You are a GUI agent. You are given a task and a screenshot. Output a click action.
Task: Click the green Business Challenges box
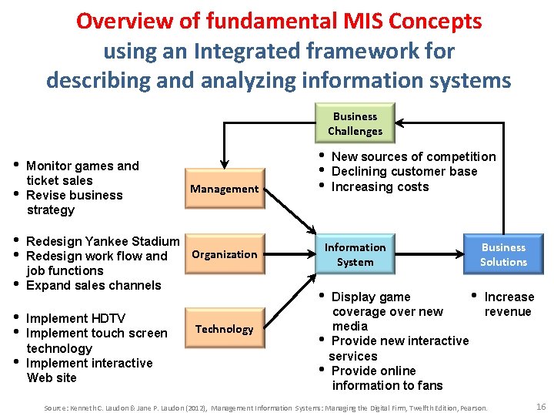(x=355, y=124)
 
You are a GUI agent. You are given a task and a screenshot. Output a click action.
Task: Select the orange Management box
(x=225, y=189)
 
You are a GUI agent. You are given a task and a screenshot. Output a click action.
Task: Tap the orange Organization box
(x=225, y=254)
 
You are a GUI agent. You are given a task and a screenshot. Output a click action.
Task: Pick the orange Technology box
(x=225, y=329)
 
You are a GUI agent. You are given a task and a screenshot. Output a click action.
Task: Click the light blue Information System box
(x=355, y=255)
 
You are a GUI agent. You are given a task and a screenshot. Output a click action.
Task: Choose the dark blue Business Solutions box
(x=503, y=255)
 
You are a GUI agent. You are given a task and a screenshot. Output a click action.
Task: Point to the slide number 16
(x=540, y=406)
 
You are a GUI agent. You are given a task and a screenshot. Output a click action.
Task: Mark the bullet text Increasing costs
(x=379, y=187)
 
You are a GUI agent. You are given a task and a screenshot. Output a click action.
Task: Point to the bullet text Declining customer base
(x=404, y=172)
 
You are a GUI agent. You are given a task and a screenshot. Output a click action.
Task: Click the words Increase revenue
(x=508, y=304)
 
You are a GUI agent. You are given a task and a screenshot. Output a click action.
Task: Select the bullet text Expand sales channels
(x=93, y=286)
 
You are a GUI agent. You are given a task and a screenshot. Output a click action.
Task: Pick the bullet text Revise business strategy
(x=74, y=202)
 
